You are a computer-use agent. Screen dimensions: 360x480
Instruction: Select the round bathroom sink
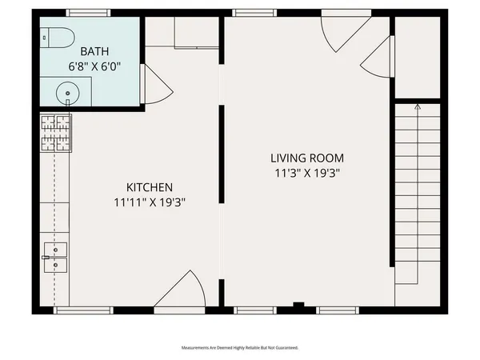click(x=69, y=94)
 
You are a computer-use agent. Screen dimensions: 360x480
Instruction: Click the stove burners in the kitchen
click(x=55, y=134)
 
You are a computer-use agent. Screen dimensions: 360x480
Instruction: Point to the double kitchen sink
click(x=55, y=258)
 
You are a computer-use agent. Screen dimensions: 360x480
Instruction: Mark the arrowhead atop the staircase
click(x=417, y=106)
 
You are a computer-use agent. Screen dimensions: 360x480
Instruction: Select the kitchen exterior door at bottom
click(x=180, y=291)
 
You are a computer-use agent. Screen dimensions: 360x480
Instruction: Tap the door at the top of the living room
click(x=337, y=32)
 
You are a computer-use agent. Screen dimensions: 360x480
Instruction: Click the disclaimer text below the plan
click(x=240, y=348)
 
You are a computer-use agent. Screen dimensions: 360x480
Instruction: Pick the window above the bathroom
click(x=88, y=13)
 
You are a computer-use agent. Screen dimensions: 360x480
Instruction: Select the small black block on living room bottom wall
click(x=298, y=305)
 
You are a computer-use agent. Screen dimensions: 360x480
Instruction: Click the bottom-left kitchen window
click(x=84, y=310)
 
